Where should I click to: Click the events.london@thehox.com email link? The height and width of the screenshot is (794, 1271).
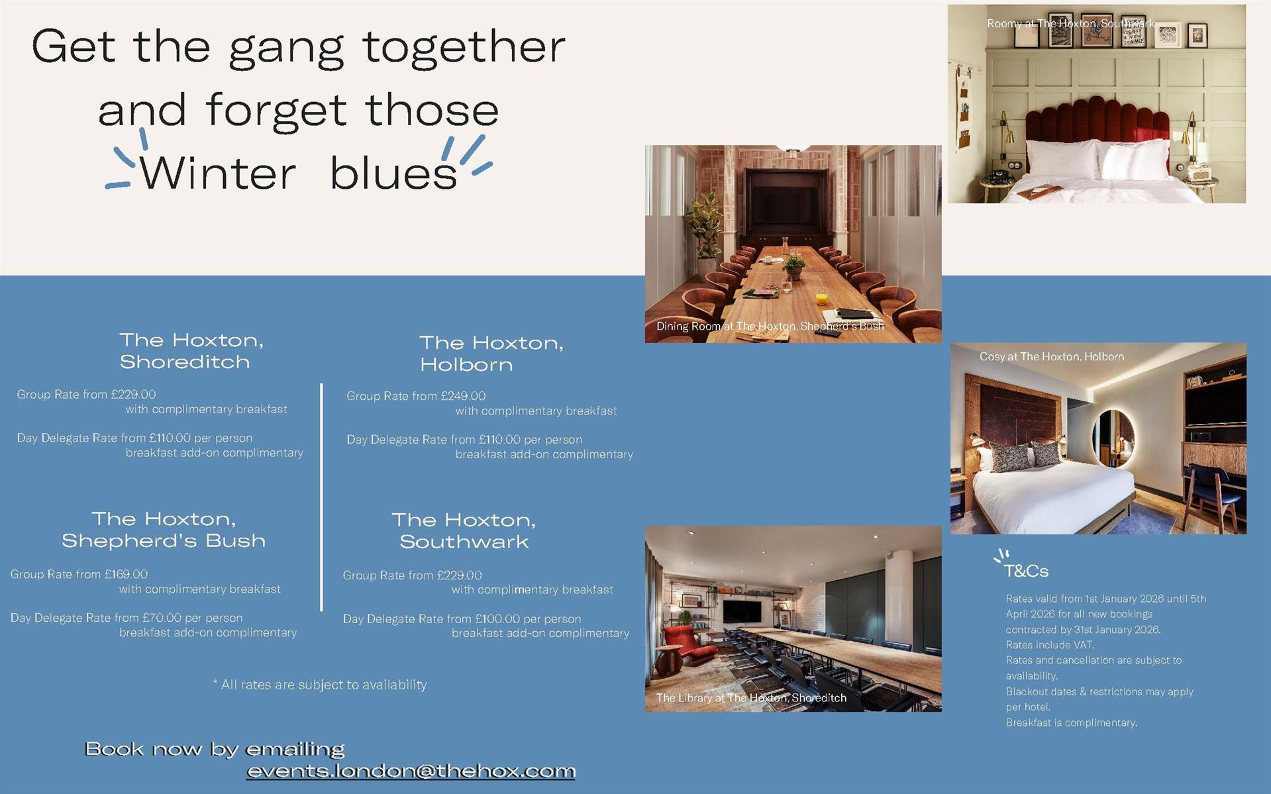click(x=411, y=771)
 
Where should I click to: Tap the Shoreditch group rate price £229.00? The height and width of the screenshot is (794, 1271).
click(x=133, y=394)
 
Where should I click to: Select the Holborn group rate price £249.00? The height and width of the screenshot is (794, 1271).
click(x=463, y=396)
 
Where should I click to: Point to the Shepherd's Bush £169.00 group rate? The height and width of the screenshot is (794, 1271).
click(x=126, y=574)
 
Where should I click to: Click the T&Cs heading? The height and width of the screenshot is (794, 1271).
click(x=1026, y=571)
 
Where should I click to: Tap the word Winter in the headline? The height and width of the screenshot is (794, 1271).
click(x=217, y=174)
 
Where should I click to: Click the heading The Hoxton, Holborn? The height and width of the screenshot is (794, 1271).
click(x=491, y=353)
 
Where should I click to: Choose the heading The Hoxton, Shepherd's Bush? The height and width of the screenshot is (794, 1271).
click(x=164, y=529)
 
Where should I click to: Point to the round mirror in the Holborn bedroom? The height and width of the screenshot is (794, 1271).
click(x=1113, y=438)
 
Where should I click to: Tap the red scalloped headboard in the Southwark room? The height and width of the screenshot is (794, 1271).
click(x=1097, y=129)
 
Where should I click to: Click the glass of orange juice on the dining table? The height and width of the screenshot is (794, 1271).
click(x=822, y=299)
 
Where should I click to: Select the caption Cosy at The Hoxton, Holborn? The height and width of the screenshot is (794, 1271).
click(x=1052, y=356)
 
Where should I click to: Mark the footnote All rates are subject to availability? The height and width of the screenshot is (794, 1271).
click(x=321, y=685)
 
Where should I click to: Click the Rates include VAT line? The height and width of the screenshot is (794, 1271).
click(x=1050, y=644)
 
